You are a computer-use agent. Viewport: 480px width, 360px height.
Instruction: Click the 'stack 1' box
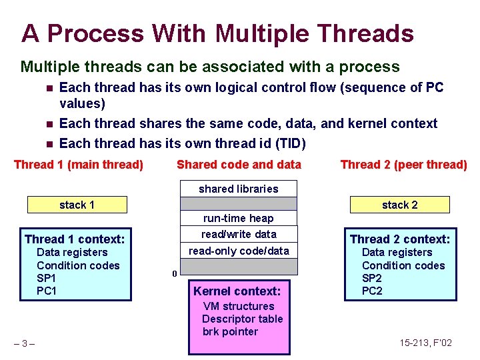pos(77,205)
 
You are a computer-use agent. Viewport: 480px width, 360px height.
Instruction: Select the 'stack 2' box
pos(399,205)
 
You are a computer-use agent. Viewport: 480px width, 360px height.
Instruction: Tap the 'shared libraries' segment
pos(239,189)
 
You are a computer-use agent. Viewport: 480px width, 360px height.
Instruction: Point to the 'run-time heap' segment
pos(239,218)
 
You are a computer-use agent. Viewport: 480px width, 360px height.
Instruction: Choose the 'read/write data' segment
pos(239,234)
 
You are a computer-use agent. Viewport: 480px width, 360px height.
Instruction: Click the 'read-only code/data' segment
pos(239,251)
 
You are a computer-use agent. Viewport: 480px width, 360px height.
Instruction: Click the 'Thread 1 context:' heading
pos(75,239)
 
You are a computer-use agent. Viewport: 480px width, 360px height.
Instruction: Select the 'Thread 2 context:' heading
pos(400,239)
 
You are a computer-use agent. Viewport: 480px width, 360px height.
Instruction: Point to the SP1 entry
pos(47,278)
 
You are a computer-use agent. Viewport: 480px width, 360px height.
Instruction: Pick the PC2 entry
pos(372,291)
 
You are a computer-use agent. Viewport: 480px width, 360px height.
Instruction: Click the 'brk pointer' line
pos(230,331)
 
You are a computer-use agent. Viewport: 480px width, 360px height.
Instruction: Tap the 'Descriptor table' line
pos(243,319)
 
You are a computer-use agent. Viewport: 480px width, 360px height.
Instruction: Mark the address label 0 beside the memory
pos(174,273)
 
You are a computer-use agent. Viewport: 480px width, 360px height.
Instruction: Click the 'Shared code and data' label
pos(239,165)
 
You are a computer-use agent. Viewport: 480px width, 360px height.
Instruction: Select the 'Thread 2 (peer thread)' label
pos(403,165)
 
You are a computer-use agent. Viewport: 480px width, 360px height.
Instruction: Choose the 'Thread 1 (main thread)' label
pos(79,165)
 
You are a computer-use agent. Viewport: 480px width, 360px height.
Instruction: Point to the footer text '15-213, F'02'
pos(425,343)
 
